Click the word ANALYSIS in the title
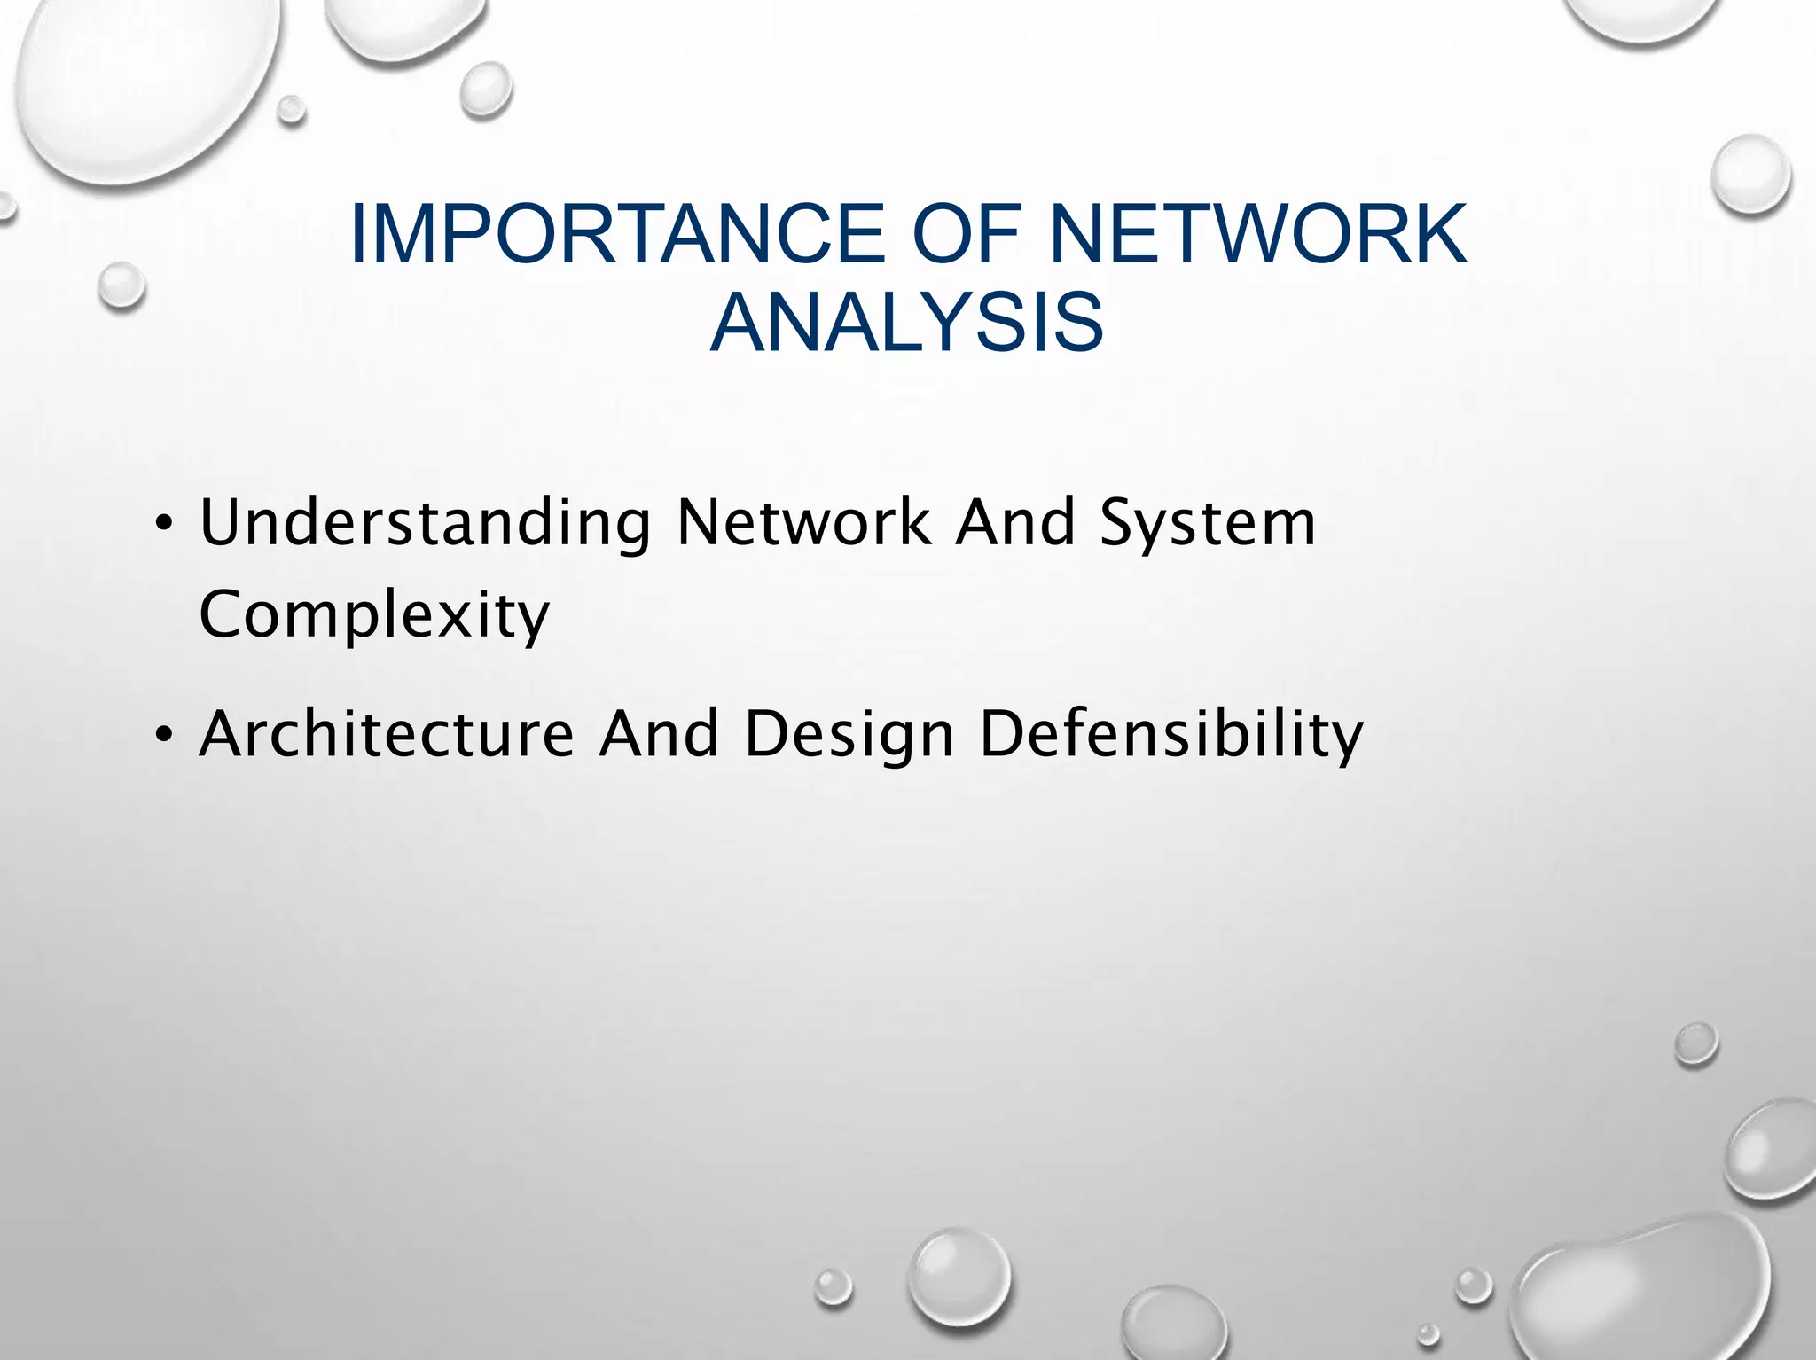[907, 321]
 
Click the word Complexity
[374, 615]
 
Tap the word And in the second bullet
[659, 734]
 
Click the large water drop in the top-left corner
[142, 84]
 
